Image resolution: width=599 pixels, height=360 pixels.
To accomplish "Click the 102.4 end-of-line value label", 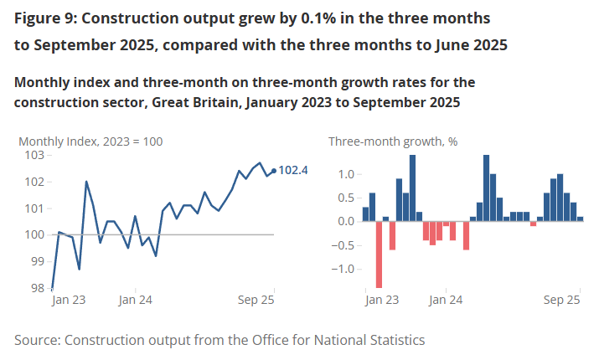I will [x=294, y=171].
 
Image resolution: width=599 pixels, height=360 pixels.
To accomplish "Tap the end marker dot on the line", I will [x=274, y=171].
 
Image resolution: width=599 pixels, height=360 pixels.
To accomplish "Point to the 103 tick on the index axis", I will [x=34, y=156].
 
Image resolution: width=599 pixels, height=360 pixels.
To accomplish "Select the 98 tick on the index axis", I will [x=39, y=288].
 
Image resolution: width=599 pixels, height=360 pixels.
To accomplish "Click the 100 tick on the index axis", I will [x=34, y=234].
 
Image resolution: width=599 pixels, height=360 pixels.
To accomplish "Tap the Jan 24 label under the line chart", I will [x=135, y=299].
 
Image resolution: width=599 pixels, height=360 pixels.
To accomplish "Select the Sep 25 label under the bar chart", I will [x=563, y=299].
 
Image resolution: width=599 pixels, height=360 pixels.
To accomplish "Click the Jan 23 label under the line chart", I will [x=69, y=299].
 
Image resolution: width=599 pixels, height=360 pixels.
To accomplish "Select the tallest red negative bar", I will [x=379, y=254].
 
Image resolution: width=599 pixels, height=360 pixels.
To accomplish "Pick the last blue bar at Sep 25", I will [x=580, y=219].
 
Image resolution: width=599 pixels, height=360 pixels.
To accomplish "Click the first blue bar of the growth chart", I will [x=365, y=214].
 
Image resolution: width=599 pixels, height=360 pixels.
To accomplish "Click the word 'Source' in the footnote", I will [x=37, y=340].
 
